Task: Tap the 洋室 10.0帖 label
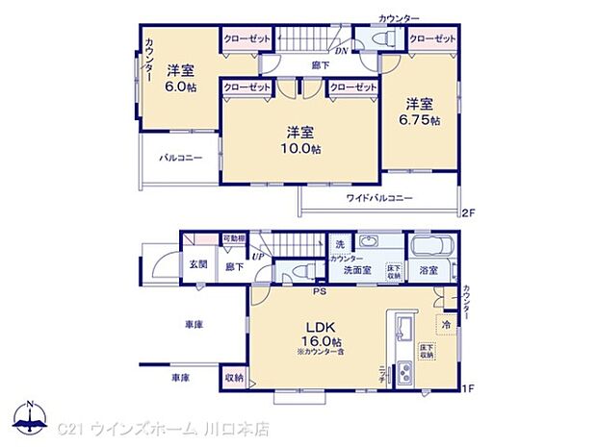301,140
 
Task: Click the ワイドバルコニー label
379,198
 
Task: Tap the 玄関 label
198,264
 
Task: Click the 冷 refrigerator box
446,325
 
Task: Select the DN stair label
341,53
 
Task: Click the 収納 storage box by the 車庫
234,378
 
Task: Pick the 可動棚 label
234,239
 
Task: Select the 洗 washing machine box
340,244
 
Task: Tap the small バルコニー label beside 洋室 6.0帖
181,157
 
